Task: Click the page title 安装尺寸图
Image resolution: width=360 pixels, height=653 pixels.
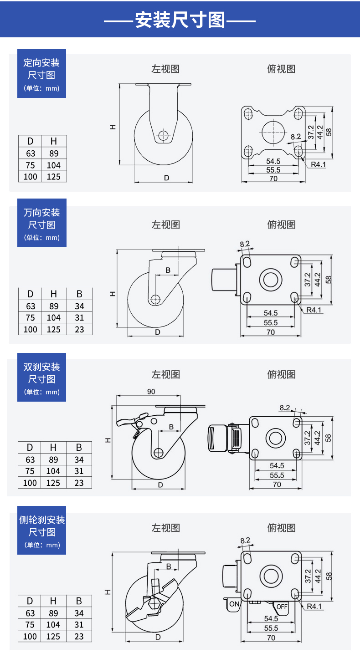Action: tap(180, 20)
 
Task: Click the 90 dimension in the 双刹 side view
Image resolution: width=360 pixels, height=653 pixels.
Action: tap(151, 392)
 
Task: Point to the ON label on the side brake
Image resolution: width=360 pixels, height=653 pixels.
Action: tap(234, 604)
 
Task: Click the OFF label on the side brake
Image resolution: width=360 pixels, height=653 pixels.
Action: tap(282, 607)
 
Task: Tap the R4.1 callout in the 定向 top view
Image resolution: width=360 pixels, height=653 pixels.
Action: tap(319, 164)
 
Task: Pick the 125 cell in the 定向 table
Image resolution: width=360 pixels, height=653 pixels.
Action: tap(54, 176)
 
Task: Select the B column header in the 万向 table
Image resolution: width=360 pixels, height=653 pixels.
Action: tap(79, 294)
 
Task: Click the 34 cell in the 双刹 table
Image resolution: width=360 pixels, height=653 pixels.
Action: tap(79, 459)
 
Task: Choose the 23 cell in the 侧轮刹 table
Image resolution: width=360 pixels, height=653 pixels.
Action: tap(79, 636)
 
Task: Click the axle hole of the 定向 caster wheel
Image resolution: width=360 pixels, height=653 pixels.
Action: tap(164, 135)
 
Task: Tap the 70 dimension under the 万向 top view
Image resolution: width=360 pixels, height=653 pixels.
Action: tap(271, 332)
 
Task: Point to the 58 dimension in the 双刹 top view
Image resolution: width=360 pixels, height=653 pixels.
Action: tap(328, 438)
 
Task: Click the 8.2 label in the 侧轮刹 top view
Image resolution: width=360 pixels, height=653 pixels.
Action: tap(245, 541)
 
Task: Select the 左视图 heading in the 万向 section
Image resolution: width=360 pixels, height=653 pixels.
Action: tap(166, 224)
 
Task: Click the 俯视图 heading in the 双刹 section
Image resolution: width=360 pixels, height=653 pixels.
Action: tap(281, 374)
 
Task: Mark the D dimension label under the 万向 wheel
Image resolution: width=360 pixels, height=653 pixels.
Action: tap(158, 332)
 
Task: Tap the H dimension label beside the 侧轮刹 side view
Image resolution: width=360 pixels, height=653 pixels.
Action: tap(108, 592)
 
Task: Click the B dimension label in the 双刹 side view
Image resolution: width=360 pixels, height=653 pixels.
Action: tap(171, 427)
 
